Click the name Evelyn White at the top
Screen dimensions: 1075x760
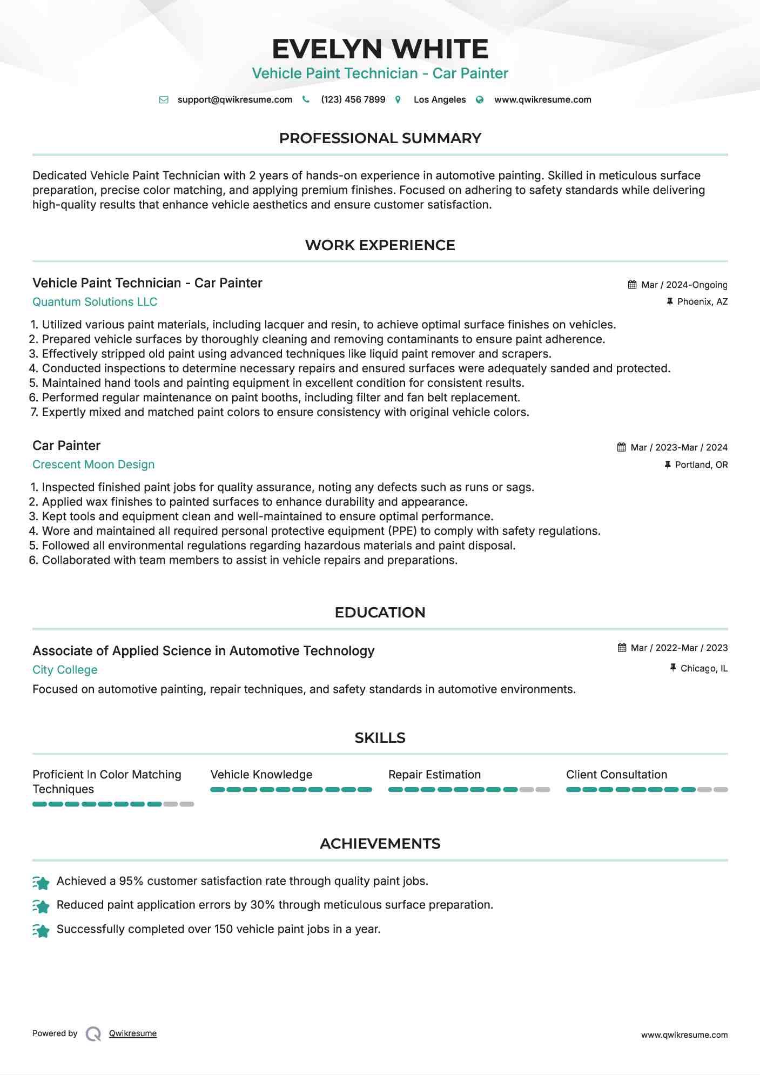(x=380, y=49)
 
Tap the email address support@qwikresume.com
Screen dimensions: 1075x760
(x=234, y=99)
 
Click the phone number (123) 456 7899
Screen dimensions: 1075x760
(x=353, y=99)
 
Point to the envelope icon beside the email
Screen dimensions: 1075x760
(x=164, y=99)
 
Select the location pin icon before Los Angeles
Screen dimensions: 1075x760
(x=398, y=99)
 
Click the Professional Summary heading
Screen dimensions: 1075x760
(x=380, y=138)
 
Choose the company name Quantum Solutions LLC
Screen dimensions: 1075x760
(x=95, y=302)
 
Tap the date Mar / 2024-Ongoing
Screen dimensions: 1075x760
(x=684, y=285)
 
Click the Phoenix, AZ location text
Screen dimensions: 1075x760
(x=702, y=301)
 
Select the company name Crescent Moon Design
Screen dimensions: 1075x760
(x=93, y=465)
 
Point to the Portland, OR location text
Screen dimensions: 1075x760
(x=701, y=465)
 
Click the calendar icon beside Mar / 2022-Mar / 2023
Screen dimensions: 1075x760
(x=622, y=648)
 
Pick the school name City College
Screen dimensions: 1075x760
(x=65, y=670)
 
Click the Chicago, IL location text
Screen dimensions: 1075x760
(x=704, y=668)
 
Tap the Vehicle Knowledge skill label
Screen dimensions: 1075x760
(x=261, y=775)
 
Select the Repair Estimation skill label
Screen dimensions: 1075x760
(x=434, y=775)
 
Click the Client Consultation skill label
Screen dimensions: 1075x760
(x=616, y=775)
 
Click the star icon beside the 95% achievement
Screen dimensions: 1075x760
(x=41, y=882)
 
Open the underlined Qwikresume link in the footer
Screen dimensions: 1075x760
(x=133, y=1033)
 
